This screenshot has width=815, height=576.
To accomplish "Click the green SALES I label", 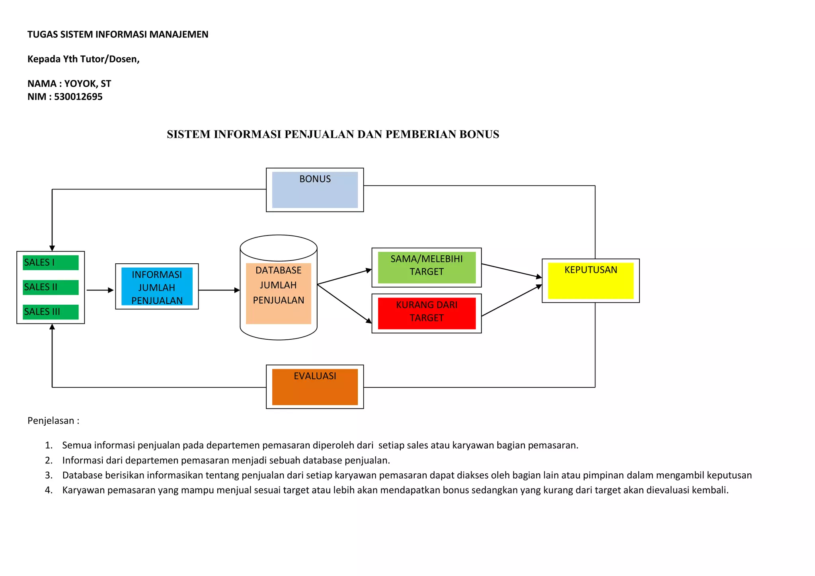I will (x=51, y=263).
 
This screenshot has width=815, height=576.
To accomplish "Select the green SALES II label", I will (x=51, y=287).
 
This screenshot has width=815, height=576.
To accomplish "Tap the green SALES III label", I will (x=51, y=312).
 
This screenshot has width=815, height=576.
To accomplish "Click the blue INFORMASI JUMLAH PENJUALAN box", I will (x=157, y=287).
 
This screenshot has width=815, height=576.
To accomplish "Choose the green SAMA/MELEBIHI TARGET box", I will (x=427, y=267).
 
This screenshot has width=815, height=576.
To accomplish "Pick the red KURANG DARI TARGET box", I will (x=427, y=313).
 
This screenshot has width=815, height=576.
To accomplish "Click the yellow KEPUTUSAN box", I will (x=591, y=280).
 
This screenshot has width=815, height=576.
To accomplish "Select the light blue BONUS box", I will (x=315, y=190).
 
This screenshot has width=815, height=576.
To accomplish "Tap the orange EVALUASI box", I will (x=315, y=387).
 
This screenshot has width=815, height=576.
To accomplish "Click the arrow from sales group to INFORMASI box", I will (x=100, y=290).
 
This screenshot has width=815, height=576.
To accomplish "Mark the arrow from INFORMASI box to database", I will (x=219, y=290).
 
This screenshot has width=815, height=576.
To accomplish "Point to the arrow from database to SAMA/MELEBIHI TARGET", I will (x=344, y=277).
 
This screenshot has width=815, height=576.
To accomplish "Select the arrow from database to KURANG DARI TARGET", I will (x=344, y=304).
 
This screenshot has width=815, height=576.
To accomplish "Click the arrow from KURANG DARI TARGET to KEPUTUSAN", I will (x=511, y=300).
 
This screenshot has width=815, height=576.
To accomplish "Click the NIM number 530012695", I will (x=78, y=97).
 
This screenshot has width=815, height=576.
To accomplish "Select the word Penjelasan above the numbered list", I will (x=51, y=421).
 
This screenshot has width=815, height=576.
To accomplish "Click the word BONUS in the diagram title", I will (x=479, y=134).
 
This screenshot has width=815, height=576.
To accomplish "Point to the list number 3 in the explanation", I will (x=49, y=475).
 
